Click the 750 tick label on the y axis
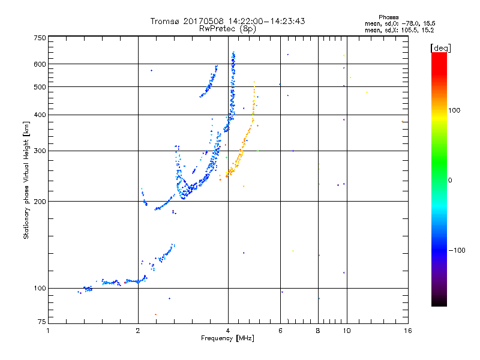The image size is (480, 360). coord(40,38)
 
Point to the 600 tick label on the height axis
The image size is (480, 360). coord(40,64)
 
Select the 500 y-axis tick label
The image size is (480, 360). coord(40,86)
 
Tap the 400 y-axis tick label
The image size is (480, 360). coord(40,115)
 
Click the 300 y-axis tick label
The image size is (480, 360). coord(40,151)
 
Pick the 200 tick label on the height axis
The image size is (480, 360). coord(40,201)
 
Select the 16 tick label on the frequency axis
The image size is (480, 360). coord(407,330)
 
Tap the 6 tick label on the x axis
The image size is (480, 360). coord(280,330)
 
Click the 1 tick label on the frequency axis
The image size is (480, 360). coord(48,330)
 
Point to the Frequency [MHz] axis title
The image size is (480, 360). coord(227,338)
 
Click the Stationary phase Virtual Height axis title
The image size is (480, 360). coord(26,180)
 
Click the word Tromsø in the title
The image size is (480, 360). coord(164,21)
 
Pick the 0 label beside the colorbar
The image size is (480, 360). coord(451,180)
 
